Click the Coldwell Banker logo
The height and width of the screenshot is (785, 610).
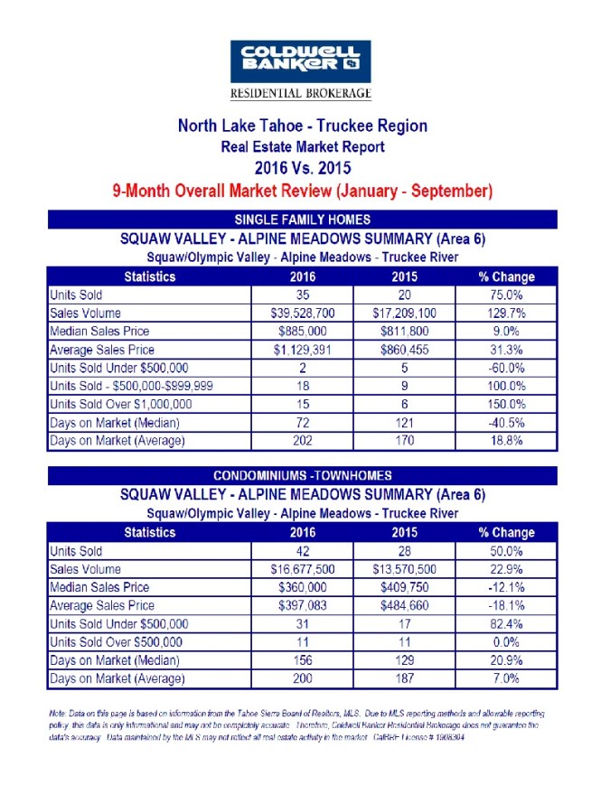point(301,61)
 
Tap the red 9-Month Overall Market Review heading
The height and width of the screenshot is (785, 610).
point(302,191)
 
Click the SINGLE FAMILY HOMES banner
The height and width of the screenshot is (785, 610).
point(302,220)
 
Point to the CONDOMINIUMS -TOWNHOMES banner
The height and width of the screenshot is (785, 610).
point(302,476)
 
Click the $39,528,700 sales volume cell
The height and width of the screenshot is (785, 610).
point(303,313)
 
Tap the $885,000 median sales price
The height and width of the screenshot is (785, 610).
point(303,331)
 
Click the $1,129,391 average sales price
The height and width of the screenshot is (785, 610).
point(303,350)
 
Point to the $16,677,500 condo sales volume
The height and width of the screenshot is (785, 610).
point(303,569)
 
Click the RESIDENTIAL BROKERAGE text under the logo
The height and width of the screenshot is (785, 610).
point(301,94)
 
